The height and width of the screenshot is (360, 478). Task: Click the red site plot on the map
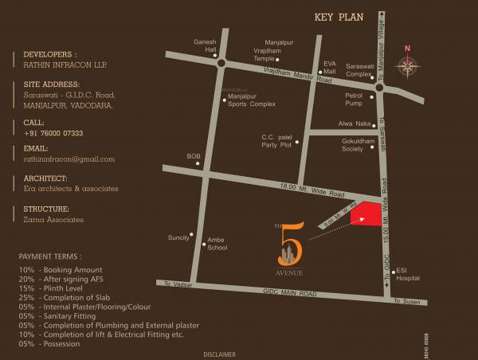coord(367,214)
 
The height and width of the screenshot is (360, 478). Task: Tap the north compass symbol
coord(408,67)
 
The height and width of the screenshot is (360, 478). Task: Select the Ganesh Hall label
coord(206,45)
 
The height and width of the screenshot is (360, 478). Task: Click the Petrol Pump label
coord(354,99)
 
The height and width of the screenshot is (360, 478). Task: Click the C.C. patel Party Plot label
coord(279,140)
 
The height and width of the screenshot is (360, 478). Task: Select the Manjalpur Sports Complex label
coord(251,100)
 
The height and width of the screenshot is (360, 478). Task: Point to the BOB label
coord(194,156)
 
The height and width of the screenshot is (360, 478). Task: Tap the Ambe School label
coord(217,243)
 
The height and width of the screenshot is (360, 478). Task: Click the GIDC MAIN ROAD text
coord(290,294)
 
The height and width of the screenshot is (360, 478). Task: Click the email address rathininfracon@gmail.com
coord(64,159)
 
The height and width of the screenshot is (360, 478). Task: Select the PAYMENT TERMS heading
coord(50,257)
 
